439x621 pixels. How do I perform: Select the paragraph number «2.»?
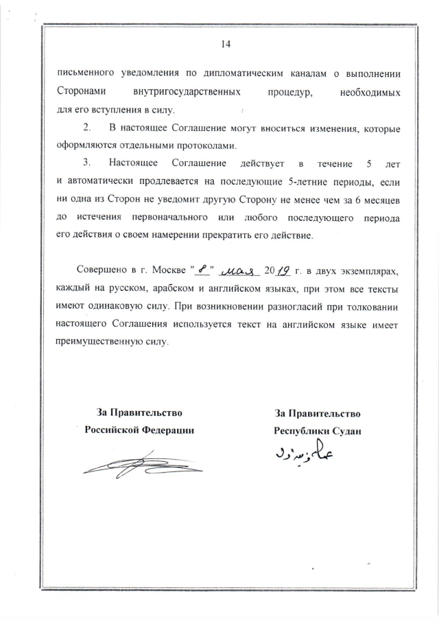pos(86,128)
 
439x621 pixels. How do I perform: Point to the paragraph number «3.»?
pos(86,163)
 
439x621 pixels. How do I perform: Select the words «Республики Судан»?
pos(317,430)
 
